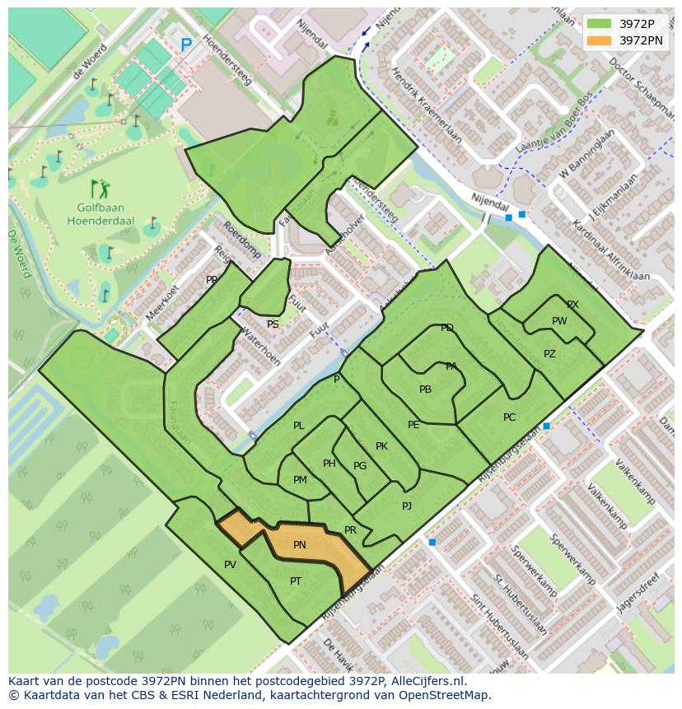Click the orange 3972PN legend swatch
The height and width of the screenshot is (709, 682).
(600, 40)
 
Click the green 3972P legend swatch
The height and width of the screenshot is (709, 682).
(600, 24)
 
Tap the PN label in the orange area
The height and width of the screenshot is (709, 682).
(300, 545)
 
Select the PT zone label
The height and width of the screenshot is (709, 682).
(296, 581)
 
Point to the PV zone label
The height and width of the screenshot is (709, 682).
(230, 565)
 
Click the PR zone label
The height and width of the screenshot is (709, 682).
(350, 530)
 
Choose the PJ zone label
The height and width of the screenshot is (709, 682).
(407, 506)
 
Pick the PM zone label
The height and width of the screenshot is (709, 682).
(300, 480)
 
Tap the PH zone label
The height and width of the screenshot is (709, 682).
(329, 464)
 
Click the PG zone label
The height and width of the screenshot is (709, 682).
(360, 466)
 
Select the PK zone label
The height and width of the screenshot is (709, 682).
(381, 446)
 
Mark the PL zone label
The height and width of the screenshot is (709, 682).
(299, 426)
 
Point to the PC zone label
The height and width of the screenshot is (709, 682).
(509, 417)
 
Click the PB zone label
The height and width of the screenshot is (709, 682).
(425, 389)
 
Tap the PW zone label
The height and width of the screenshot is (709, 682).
(559, 321)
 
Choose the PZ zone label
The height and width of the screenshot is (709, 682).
(549, 354)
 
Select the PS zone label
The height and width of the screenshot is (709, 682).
(273, 324)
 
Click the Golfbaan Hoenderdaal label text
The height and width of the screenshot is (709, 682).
(100, 215)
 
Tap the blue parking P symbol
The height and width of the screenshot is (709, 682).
(186, 45)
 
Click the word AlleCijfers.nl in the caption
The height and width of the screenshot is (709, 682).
(427, 681)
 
